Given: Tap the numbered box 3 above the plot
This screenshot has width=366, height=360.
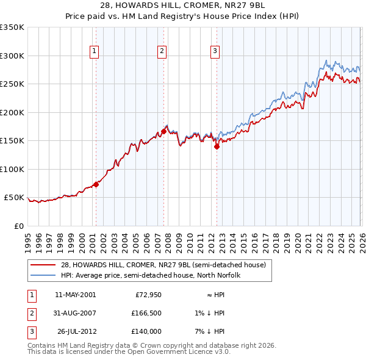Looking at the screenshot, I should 215,52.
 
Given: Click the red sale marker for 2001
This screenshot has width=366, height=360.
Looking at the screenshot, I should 96,184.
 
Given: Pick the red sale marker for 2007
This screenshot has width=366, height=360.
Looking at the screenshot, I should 163,131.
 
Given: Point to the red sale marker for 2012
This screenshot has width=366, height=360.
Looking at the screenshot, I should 217,146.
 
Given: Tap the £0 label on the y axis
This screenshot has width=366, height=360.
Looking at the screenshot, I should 18,226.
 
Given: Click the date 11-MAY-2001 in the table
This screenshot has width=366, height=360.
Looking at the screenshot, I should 75,295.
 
